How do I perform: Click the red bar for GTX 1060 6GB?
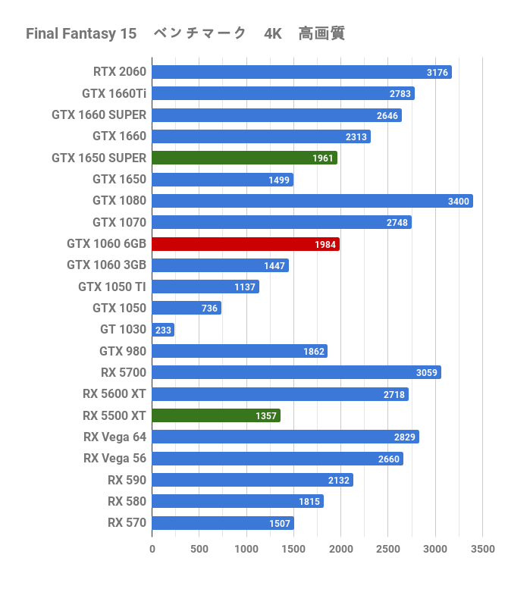pos(245,244)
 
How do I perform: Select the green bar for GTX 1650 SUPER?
pos(244,158)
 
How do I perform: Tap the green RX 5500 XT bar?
pos(215,415)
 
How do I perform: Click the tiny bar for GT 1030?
pos(162,330)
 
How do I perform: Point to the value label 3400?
pos(459,202)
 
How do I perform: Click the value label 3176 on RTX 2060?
pos(438,73)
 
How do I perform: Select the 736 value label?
pos(209,309)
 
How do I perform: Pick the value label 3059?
pos(427,373)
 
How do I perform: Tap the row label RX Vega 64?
pos(114,437)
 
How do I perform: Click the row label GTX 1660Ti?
pos(114,94)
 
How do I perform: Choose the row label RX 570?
pos(127,522)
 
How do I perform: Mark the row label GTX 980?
pos(123,351)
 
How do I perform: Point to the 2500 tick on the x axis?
pos(388,549)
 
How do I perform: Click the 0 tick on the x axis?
pos(152,549)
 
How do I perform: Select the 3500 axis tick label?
pos(482,549)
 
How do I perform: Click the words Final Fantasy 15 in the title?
pos(81,33)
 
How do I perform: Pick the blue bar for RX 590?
pos(252,480)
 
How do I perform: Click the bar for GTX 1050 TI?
pos(205,287)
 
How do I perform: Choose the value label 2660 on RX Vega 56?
pos(388,459)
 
